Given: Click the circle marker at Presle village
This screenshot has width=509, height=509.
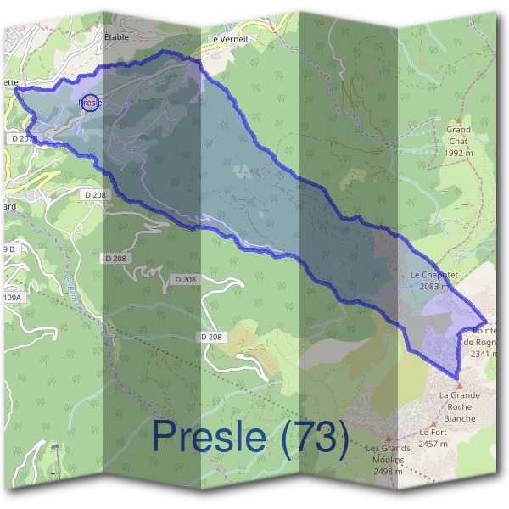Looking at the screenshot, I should coord(91,103).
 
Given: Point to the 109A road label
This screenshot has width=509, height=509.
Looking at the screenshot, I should coord(11,298).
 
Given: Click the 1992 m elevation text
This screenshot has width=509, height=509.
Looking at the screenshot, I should coord(459,154).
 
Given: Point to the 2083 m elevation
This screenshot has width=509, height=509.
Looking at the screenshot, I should coord(433,287).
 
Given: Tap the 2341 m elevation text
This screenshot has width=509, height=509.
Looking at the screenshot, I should coord(486,354).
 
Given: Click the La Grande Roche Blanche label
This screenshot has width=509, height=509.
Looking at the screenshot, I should coord(459,406).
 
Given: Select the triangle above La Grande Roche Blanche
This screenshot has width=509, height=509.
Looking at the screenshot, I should coord(459,385).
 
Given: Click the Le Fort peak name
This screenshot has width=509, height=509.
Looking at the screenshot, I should coord(433,432).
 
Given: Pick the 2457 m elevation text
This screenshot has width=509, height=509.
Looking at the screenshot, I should coord(433,443).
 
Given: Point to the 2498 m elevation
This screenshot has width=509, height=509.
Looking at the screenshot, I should coord(388,471).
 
